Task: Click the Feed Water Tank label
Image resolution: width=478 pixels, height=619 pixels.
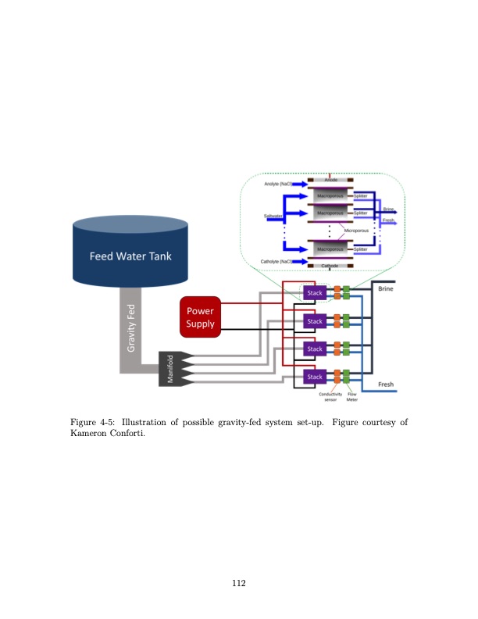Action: [x=130, y=256]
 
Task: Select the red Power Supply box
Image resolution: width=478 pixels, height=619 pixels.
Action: [x=200, y=317]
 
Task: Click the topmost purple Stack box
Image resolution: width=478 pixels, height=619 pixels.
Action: [x=314, y=292]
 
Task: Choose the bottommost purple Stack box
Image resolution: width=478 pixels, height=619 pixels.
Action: [x=314, y=377]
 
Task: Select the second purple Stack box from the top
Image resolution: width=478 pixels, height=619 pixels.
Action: [x=314, y=321]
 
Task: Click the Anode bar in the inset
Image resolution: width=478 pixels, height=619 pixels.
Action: [x=330, y=180]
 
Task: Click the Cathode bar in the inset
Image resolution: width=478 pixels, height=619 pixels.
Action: [x=330, y=267]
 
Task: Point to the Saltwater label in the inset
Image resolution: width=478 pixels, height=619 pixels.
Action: [x=273, y=215]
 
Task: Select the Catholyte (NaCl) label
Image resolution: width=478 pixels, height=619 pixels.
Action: [x=276, y=261]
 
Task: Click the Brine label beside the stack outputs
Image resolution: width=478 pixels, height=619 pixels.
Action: [x=385, y=288]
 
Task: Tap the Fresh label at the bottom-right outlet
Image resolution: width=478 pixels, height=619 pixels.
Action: [x=385, y=385]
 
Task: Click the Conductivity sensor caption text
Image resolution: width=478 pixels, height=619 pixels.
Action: [x=332, y=396]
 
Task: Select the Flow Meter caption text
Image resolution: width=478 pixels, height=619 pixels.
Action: [x=351, y=396]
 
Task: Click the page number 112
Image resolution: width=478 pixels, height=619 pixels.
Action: [x=238, y=581]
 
